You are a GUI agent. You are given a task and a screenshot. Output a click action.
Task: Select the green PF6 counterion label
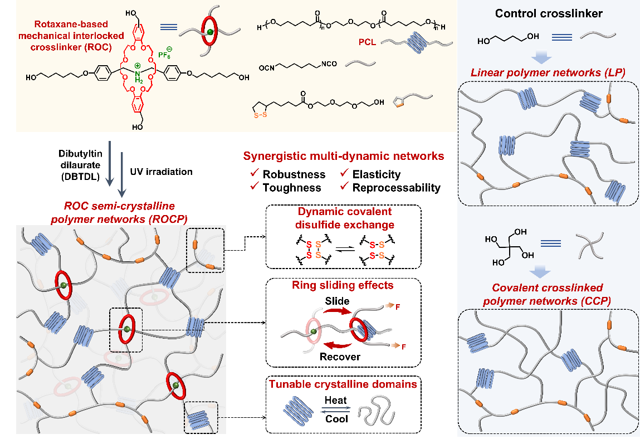165,55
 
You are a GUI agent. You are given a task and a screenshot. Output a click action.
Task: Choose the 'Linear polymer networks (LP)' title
548,72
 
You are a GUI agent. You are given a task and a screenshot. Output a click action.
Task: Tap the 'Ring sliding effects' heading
343,285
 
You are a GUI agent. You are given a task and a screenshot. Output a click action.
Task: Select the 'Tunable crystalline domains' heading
343,384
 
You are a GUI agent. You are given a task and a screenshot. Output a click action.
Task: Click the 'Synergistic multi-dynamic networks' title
344,157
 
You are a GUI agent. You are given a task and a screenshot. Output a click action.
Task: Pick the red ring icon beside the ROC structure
209,33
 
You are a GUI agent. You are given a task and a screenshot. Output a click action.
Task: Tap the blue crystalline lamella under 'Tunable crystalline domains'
301,411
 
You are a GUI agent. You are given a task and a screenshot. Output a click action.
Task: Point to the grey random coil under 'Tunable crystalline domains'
376,411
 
